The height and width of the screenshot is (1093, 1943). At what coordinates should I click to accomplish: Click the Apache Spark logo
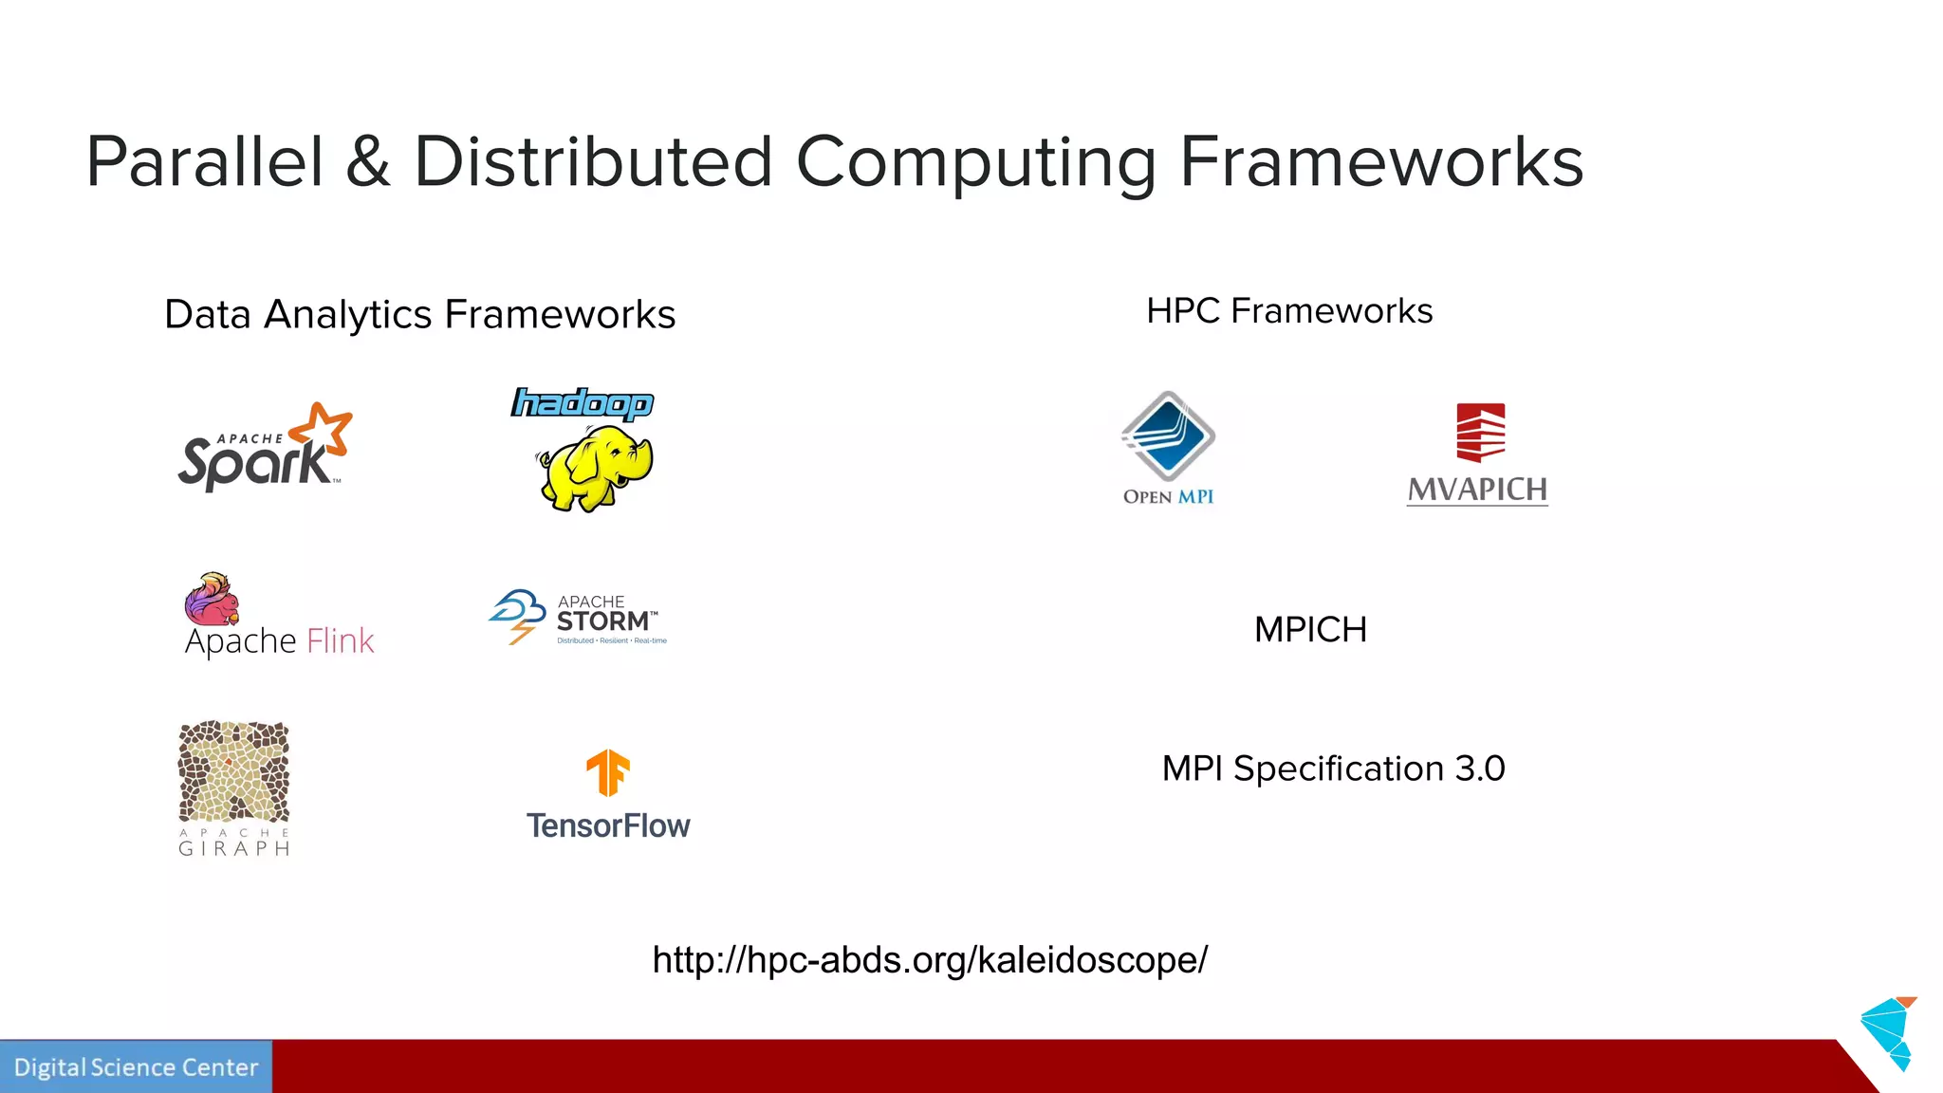[x=261, y=451]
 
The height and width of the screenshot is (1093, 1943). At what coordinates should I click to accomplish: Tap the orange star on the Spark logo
[x=323, y=427]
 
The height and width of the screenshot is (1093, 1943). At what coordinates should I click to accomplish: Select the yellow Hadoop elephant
[x=596, y=468]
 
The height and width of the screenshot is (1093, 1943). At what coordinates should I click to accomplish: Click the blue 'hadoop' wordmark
[x=582, y=403]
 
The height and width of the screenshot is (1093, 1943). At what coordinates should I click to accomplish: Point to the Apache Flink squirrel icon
[x=212, y=599]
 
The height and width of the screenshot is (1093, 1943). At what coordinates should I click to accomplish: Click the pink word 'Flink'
[x=341, y=641]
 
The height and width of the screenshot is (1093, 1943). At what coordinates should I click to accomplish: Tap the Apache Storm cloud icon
[x=518, y=616]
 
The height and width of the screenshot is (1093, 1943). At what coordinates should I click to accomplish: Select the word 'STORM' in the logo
[x=603, y=621]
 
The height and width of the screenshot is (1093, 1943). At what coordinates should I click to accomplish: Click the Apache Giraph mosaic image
[x=234, y=771]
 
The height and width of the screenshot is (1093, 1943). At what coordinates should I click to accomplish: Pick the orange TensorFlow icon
[x=608, y=772]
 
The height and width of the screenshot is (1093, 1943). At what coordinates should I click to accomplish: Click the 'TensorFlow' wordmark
[x=608, y=826]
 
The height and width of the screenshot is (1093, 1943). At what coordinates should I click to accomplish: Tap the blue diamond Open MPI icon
[x=1168, y=436]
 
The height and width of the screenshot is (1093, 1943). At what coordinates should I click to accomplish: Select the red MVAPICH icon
[x=1480, y=433]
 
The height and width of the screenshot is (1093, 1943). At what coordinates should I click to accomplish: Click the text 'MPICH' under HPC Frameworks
[x=1310, y=630]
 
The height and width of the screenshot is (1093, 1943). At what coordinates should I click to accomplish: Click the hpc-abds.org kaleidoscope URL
[x=930, y=960]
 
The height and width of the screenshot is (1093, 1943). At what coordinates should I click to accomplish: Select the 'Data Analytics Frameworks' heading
[x=419, y=315]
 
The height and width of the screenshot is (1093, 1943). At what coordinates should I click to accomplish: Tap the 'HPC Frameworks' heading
[x=1289, y=311]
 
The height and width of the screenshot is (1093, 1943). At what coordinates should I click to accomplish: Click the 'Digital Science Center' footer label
[x=136, y=1067]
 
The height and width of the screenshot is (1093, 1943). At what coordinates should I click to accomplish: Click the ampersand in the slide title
[x=368, y=162]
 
